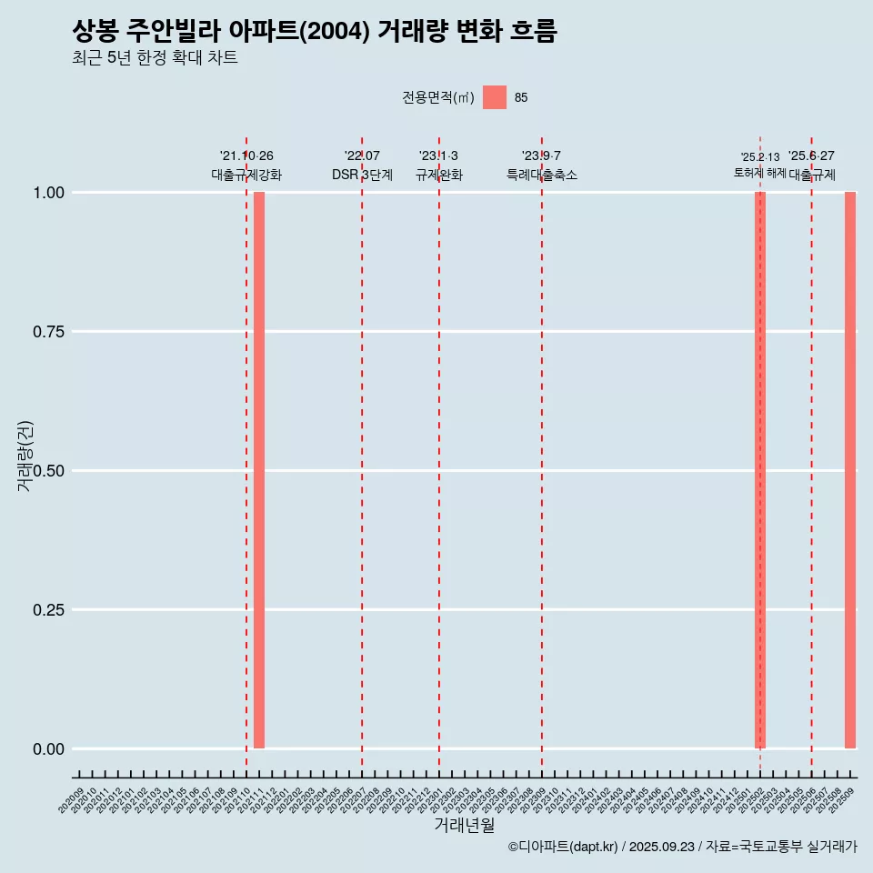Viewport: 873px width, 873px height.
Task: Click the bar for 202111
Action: click(x=259, y=470)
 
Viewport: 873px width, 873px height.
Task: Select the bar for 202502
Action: click(x=760, y=470)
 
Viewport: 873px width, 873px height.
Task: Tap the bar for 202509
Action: click(x=850, y=470)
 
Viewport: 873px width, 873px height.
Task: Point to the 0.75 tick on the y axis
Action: click(x=47, y=332)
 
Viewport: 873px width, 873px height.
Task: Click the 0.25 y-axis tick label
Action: click(x=47, y=610)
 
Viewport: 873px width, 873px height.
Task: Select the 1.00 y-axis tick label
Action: click(x=47, y=193)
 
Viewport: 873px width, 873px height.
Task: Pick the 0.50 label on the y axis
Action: click(x=47, y=471)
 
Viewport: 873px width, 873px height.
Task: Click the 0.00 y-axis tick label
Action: click(x=47, y=749)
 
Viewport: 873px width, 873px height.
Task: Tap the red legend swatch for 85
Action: click(x=495, y=97)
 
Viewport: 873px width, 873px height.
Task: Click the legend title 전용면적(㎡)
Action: click(x=438, y=97)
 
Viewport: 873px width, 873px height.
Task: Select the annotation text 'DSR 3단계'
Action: click(x=362, y=175)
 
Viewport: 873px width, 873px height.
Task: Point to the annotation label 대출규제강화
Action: click(x=246, y=175)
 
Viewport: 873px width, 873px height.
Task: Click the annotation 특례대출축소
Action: click(x=542, y=175)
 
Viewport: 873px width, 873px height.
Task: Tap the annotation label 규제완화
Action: click(x=439, y=175)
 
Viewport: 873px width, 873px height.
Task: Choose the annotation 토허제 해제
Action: click(x=760, y=173)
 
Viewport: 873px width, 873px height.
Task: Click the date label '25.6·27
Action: click(x=811, y=156)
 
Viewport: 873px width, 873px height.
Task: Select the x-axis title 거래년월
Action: click(x=465, y=826)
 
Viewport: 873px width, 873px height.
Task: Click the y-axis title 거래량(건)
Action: click(x=25, y=456)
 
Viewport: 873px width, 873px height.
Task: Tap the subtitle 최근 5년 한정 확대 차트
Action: click(x=155, y=58)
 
